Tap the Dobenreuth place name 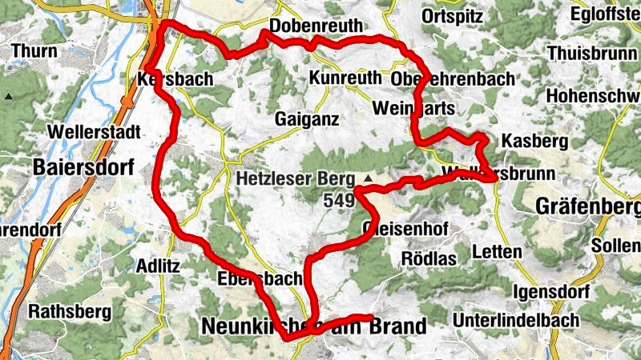(316, 26)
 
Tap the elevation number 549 (339, 201)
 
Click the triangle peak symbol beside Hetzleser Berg (368, 177)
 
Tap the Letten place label (498, 251)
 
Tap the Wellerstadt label (94, 131)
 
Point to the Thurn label (34, 52)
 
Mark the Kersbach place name (175, 80)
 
